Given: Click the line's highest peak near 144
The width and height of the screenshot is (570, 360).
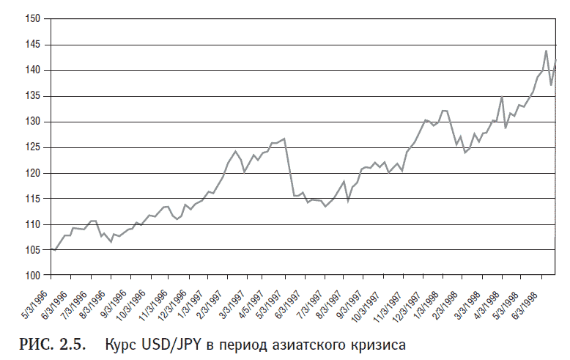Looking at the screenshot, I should (547, 51).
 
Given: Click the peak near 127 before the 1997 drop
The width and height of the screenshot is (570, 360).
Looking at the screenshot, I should (284, 139).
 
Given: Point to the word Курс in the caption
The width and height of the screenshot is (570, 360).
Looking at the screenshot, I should (119, 343).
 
